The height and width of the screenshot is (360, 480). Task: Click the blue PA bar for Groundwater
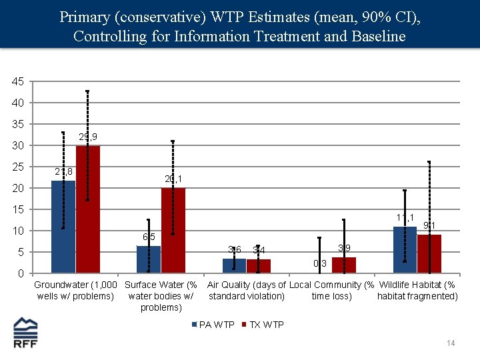point(63,227)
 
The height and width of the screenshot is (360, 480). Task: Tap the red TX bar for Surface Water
point(173,230)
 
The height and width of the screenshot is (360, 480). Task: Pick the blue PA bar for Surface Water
point(149,259)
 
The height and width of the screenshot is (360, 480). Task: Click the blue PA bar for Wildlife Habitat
point(405,250)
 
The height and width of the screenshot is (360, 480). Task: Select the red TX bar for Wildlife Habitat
point(429,254)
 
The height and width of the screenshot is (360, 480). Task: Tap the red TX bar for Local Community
point(344,265)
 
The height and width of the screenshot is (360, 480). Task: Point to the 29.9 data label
point(88,137)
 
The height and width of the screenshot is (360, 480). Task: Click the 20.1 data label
point(173,179)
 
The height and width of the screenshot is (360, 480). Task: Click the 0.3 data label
point(320,263)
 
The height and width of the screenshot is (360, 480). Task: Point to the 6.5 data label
point(149,237)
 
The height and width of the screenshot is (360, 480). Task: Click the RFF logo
point(26,333)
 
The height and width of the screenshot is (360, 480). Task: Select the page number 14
point(451,343)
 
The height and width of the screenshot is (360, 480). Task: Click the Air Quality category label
point(247,291)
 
